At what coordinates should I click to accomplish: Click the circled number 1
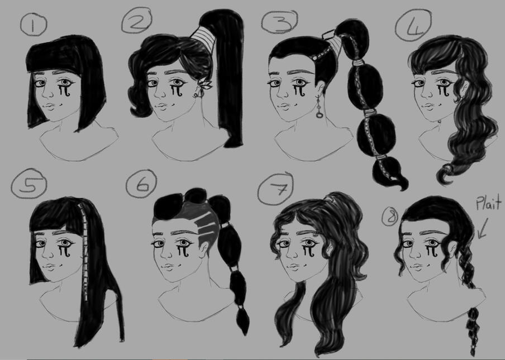33,25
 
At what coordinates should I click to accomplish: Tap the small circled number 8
389,217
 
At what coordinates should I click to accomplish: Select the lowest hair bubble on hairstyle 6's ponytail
243,320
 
